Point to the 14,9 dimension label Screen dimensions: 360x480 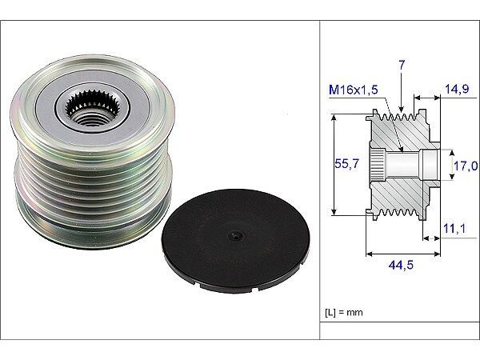point(457,90)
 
